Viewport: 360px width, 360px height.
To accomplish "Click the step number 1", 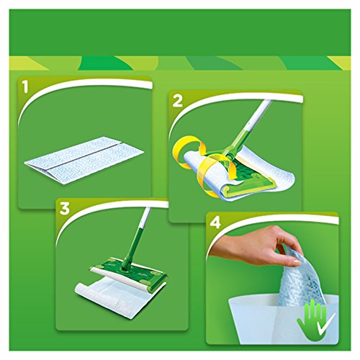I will (27, 90).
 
